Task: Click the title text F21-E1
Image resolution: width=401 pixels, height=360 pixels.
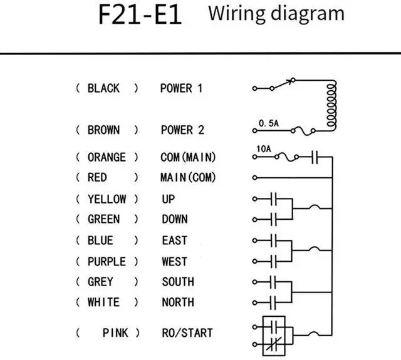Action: point(140,15)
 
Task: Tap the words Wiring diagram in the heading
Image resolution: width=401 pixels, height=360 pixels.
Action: point(276,13)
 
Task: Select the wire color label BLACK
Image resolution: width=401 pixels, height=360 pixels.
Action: point(103,88)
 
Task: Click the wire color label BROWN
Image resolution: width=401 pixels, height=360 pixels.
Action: point(103,130)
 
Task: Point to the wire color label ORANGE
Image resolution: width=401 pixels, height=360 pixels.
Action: point(106,157)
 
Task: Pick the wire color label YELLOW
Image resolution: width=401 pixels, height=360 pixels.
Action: point(107,199)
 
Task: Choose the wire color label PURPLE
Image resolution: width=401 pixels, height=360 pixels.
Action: point(107,261)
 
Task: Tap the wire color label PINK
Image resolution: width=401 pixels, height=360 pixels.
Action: point(116,332)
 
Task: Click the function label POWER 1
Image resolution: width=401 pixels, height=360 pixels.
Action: point(182,88)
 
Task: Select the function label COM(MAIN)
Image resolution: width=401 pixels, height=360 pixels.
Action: point(188,157)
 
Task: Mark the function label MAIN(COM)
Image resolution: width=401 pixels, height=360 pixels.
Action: point(188,178)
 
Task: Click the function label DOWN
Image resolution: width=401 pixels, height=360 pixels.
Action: point(175,220)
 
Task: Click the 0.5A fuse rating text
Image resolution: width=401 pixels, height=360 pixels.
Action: point(268,124)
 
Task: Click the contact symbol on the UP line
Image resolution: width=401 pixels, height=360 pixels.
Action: point(273,199)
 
